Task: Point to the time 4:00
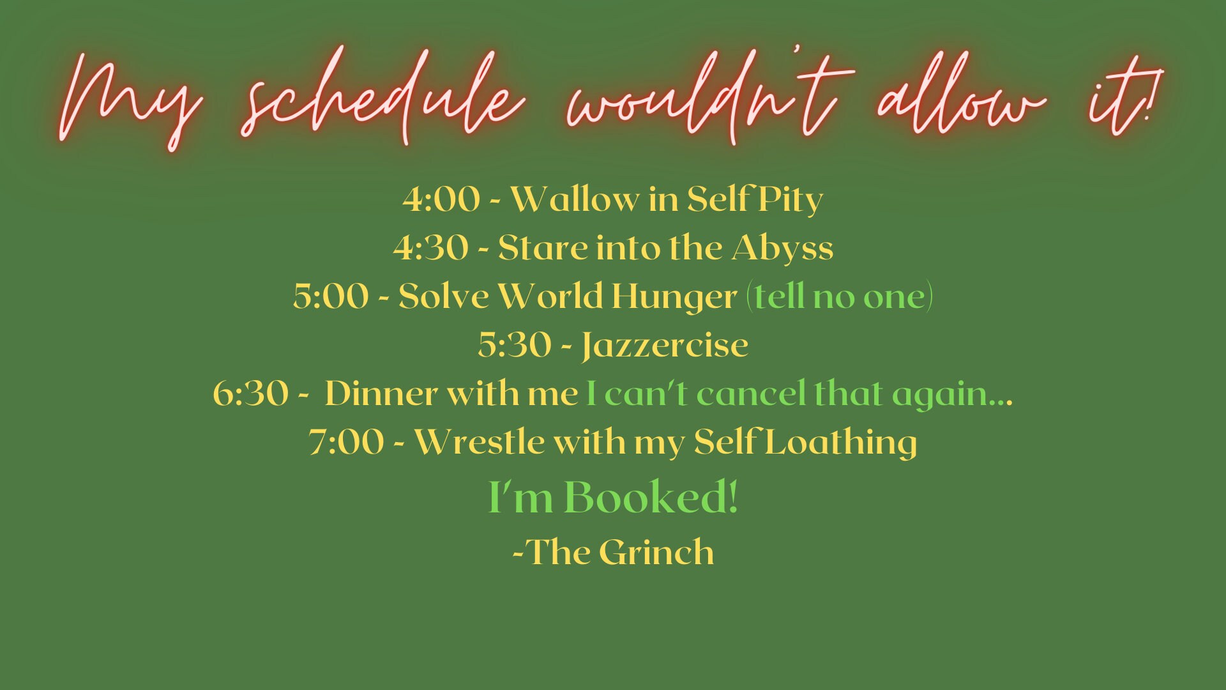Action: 441,199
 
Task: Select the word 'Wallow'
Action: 575,199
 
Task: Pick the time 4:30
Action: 430,248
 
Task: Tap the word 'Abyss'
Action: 782,249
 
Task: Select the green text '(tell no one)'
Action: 840,297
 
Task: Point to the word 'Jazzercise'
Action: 665,346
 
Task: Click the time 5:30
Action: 515,345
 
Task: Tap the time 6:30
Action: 250,394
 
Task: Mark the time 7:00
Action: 347,442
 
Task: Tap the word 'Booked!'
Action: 651,497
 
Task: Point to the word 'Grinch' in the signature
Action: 656,552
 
